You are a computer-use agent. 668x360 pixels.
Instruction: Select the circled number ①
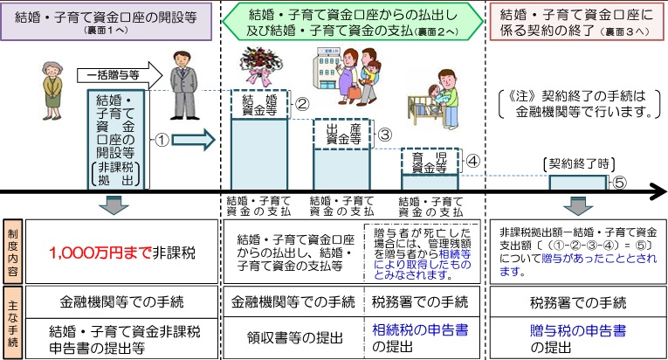tap(162, 138)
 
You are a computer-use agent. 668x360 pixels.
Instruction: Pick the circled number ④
tap(472, 160)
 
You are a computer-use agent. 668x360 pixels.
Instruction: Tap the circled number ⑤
tap(617, 182)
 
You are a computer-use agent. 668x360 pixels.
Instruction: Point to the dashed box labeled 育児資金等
tap(430, 161)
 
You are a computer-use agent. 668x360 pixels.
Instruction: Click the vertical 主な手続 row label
tap(12, 322)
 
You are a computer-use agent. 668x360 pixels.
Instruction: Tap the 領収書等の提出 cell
tap(290, 336)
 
